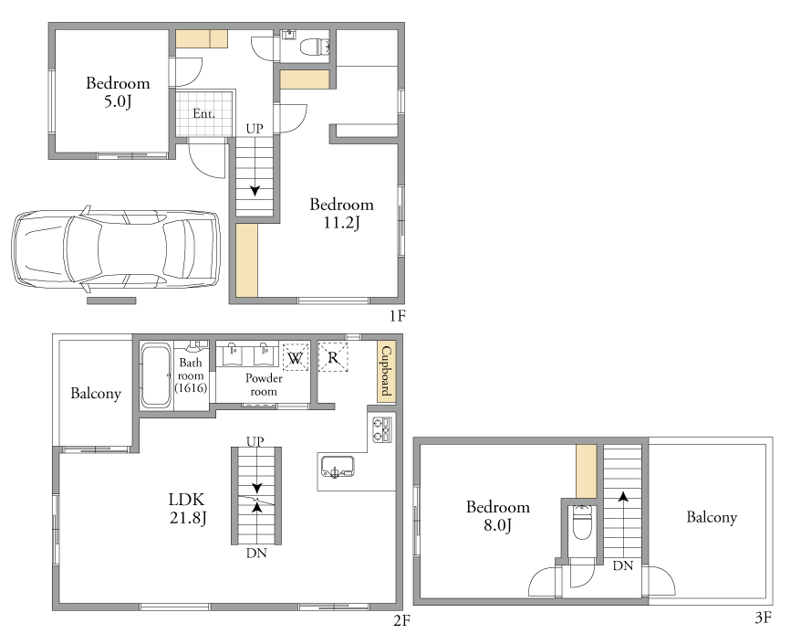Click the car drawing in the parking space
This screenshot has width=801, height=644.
click(x=116, y=249)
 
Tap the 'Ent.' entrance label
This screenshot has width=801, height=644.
click(x=203, y=113)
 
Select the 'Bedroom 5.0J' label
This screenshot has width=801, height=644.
click(x=118, y=92)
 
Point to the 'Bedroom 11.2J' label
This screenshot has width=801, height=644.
click(x=342, y=214)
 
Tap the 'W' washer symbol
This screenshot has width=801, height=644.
click(x=296, y=357)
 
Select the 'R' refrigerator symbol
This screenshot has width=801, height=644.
click(x=333, y=357)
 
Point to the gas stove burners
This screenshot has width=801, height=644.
click(x=382, y=429)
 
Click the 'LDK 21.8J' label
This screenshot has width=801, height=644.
click(x=188, y=509)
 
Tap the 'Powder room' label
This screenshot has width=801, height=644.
click(x=264, y=385)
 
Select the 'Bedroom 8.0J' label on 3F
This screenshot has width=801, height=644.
click(x=498, y=515)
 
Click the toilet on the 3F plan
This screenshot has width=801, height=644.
click(x=582, y=523)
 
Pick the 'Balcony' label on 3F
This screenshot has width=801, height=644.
click(x=712, y=517)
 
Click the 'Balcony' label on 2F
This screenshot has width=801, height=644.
click(x=96, y=394)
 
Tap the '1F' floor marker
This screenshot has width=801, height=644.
click(x=398, y=316)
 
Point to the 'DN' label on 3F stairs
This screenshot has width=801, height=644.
click(x=623, y=565)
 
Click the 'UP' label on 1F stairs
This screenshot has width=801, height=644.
click(x=255, y=129)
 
